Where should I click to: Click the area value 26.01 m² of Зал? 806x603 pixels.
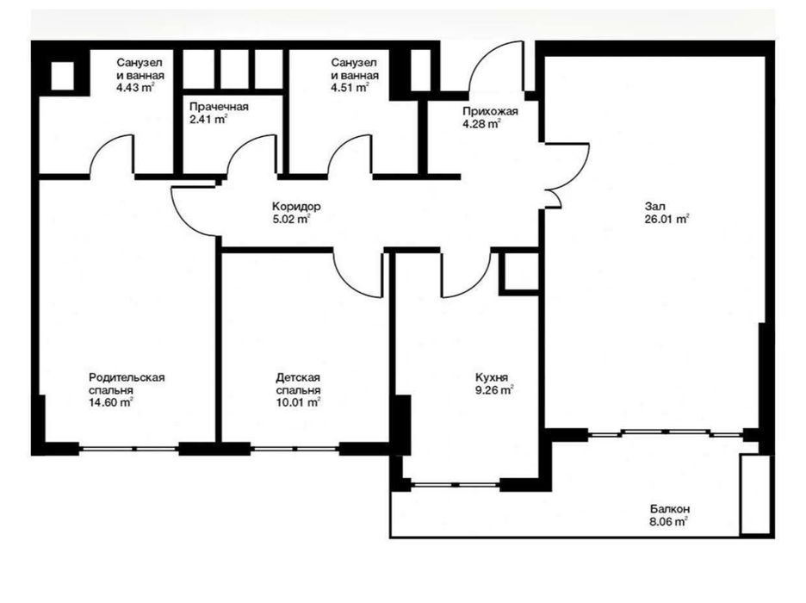click(666, 220)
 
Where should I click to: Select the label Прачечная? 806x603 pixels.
click(219, 107)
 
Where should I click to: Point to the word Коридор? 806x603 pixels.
click(296, 207)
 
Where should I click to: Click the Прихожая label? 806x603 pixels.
click(490, 111)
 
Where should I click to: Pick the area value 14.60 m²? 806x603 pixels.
click(111, 402)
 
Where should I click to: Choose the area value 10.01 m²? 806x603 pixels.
click(298, 402)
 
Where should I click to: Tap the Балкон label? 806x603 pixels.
click(670, 509)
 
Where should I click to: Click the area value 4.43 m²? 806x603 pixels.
click(136, 88)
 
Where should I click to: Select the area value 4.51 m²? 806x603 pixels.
click(350, 88)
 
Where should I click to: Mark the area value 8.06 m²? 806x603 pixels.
click(669, 522)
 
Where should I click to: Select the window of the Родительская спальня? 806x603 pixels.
click(129, 449)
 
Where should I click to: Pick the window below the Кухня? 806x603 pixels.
click(455, 484)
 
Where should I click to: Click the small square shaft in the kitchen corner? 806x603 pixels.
click(520, 272)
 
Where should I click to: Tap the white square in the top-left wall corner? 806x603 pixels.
click(63, 76)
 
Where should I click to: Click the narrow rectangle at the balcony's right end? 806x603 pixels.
click(755, 494)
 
